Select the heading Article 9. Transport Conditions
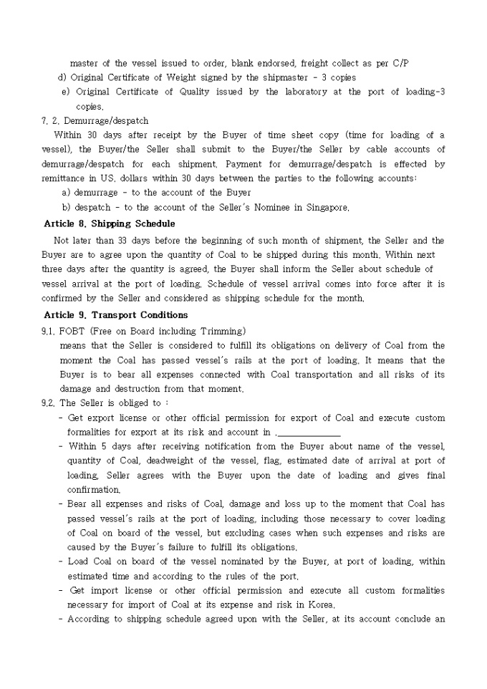click(x=115, y=314)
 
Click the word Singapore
click(x=327, y=208)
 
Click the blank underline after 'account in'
click(x=308, y=433)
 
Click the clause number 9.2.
click(x=47, y=403)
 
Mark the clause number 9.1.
click(x=47, y=331)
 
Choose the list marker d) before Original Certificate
click(x=62, y=77)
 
